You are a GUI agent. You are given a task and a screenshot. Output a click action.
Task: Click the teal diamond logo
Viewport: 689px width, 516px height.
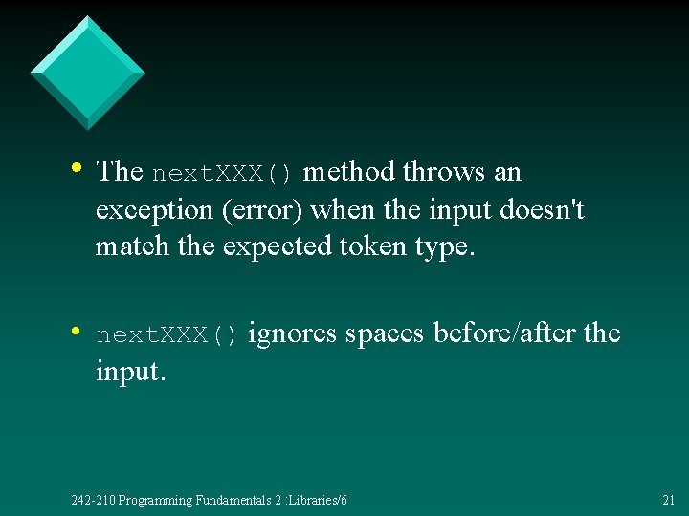coord(87,73)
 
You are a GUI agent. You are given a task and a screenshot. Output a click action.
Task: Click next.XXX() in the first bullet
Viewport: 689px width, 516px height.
coord(227,174)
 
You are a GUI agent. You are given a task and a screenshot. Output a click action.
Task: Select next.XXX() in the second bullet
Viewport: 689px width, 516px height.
coord(167,335)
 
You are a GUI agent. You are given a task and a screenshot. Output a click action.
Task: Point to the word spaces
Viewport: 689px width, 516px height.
coord(386,333)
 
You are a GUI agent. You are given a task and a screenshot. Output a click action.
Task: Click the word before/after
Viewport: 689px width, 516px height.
coord(503,333)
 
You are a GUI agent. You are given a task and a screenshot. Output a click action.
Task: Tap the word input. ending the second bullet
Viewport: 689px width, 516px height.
coord(131,371)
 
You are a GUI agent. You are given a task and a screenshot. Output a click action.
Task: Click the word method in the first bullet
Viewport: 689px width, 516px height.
coord(348,172)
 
